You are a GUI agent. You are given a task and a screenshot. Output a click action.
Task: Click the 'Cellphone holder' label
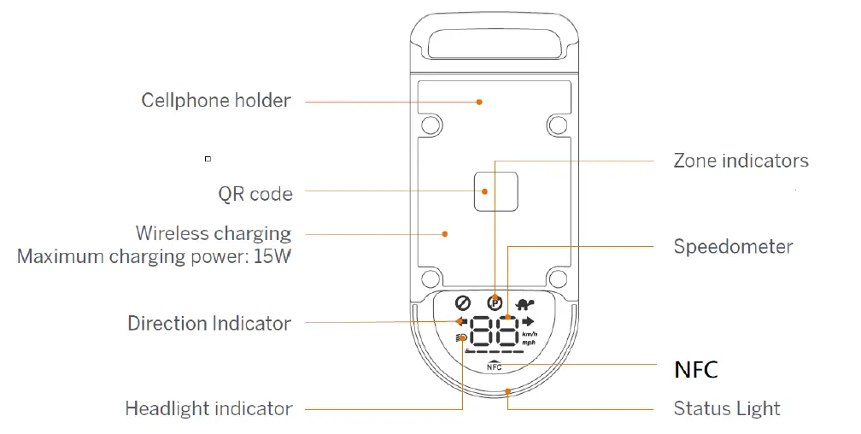click(216, 101)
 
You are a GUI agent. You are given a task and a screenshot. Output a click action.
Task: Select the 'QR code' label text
click(255, 194)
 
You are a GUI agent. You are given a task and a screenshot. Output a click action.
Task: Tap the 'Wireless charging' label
click(214, 233)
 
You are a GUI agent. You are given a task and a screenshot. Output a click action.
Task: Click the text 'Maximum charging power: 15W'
click(155, 256)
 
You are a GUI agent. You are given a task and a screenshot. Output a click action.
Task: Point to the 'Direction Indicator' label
click(209, 324)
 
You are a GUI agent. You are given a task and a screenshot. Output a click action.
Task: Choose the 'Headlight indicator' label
click(208, 408)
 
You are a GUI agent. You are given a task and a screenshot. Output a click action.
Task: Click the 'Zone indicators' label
click(741, 161)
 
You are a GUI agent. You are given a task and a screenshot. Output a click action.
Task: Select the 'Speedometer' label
click(733, 247)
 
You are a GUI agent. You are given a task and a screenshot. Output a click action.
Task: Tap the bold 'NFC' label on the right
click(695, 370)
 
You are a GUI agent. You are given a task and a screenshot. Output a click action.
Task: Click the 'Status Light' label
click(727, 408)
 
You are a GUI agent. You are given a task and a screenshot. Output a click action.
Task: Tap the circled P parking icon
click(495, 302)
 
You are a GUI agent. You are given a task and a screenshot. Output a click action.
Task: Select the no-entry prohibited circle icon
click(464, 302)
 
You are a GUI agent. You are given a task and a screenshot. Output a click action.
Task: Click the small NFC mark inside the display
click(495, 367)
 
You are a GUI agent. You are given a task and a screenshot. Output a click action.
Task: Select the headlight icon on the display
click(460, 338)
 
